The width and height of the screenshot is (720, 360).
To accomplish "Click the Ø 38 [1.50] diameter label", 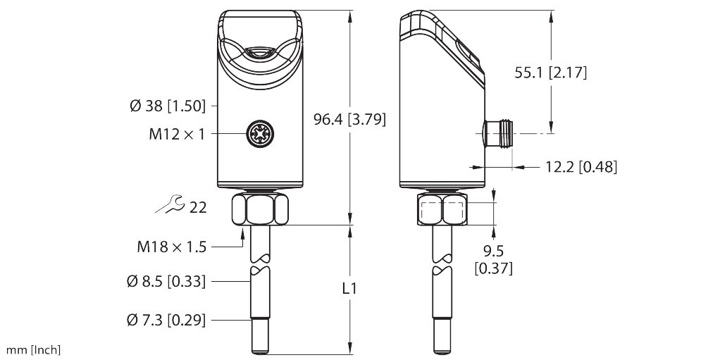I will pyautogui.click(x=168, y=106).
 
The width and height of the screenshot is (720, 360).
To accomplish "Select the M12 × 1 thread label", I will pyautogui.click(x=177, y=133).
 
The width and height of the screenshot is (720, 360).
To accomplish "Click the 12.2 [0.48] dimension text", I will pyautogui.click(x=581, y=167).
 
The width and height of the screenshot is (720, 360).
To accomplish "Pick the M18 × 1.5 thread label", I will pyautogui.click(x=172, y=247).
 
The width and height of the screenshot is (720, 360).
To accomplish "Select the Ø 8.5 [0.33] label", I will pyautogui.click(x=167, y=282).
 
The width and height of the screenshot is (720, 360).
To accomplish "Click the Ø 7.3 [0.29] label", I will pyautogui.click(x=167, y=321).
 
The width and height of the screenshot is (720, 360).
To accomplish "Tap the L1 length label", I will pyautogui.click(x=349, y=289).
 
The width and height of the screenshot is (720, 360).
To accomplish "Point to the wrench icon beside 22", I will pyautogui.click(x=169, y=206).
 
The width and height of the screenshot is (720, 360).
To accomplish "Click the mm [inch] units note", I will pyautogui.click(x=33, y=349).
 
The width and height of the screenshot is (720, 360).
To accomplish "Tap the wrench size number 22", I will pyautogui.click(x=198, y=207).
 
